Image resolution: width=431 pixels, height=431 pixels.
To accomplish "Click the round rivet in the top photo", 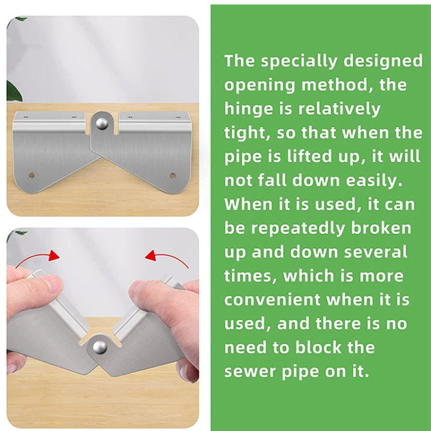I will coord(101,122).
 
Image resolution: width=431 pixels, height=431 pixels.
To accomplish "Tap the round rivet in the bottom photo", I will coord(99,347).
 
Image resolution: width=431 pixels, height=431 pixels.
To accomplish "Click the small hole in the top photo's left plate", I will coord(31,175).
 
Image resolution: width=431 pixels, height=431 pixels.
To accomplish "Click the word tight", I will coord(247,133).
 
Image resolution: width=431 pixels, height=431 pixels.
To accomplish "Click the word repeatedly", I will coord(299,228).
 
